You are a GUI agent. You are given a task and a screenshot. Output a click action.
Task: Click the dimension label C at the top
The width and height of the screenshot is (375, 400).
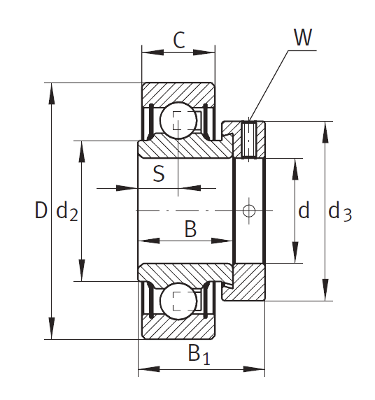(x=179, y=41)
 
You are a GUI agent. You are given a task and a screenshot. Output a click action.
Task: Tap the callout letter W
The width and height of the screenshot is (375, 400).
(x=303, y=37)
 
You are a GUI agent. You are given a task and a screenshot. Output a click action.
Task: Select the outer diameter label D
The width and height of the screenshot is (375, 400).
(x=41, y=210)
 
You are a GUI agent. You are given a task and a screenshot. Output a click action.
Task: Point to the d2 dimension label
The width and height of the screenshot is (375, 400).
(x=67, y=212)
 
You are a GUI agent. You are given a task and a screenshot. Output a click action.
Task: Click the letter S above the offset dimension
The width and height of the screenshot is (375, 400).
(x=159, y=173)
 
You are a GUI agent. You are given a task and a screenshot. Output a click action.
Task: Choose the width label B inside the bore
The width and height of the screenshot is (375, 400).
(x=190, y=229)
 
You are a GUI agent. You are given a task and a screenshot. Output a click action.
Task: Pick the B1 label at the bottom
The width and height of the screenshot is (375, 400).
(x=199, y=354)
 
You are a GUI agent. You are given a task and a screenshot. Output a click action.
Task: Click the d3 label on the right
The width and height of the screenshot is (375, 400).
(x=340, y=211)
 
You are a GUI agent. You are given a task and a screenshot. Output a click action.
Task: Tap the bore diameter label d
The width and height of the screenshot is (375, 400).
(x=304, y=210)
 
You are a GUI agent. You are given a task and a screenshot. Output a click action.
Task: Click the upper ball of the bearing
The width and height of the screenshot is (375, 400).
(x=178, y=120)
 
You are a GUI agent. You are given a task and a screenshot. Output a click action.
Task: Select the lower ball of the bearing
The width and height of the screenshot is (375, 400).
(x=178, y=301)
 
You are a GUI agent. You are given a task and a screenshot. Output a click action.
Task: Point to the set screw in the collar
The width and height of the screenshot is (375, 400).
(x=248, y=140)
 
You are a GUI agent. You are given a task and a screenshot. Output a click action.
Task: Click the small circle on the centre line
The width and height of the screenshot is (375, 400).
(x=248, y=210)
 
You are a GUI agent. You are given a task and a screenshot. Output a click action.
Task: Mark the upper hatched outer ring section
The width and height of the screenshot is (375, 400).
(x=178, y=94)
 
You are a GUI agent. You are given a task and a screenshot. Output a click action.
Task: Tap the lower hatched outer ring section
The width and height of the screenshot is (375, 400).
(x=178, y=328)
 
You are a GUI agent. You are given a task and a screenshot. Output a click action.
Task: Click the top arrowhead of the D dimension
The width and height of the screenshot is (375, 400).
(x=52, y=94)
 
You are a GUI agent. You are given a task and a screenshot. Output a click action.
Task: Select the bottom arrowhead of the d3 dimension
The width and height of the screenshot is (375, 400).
(x=325, y=290)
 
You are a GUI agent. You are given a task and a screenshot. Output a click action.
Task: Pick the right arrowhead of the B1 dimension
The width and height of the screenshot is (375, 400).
(x=254, y=369)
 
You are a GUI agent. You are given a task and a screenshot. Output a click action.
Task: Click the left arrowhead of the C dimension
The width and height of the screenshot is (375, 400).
(x=153, y=52)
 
